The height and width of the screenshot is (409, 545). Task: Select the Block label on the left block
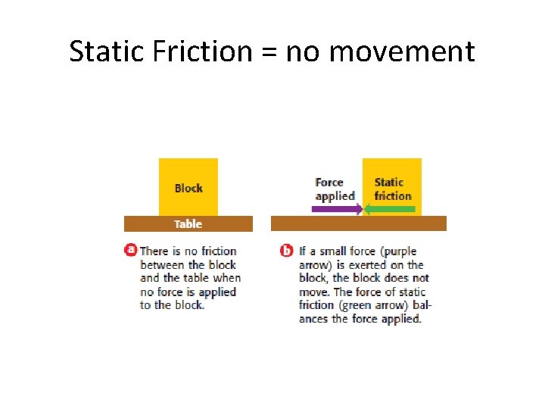pos(188,188)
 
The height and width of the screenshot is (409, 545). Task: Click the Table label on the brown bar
pos(188,224)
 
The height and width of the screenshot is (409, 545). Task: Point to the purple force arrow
pos(338,209)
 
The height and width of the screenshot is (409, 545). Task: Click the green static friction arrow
pos(390,209)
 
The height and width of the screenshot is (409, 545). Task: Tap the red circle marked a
pos(130,250)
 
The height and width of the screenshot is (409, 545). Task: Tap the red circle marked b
pos(287,250)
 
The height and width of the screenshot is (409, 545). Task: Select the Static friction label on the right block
pos(392,189)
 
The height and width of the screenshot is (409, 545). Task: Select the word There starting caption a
pos(155,251)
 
